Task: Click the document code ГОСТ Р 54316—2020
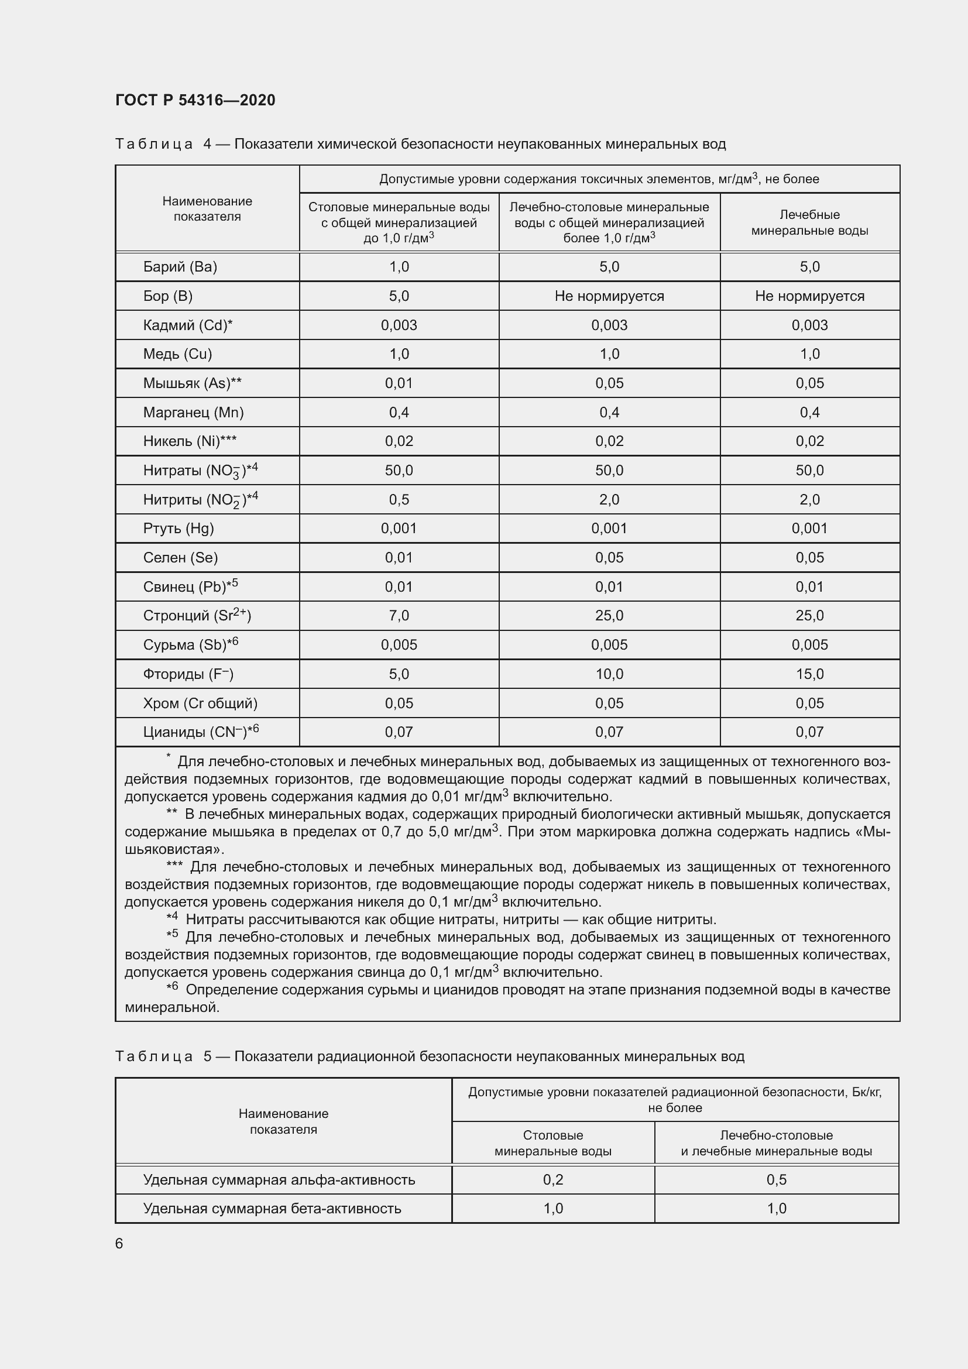(195, 100)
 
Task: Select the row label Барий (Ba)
(180, 266)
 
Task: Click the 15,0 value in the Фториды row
(809, 674)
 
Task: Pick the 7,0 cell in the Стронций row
(399, 615)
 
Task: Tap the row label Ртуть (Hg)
(179, 529)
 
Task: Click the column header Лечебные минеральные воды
(809, 222)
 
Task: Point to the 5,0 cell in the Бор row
(399, 296)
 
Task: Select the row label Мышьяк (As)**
(192, 383)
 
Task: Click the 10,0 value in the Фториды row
(609, 674)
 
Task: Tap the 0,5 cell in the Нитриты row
(399, 499)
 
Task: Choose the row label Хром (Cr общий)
(200, 703)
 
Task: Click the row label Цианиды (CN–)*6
(201, 732)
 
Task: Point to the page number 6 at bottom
(119, 1243)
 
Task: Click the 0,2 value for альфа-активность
(552, 1179)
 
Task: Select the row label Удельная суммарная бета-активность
(272, 1209)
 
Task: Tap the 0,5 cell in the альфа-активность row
(776, 1179)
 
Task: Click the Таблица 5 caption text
(429, 1056)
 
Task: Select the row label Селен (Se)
(180, 558)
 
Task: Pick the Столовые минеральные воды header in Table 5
(552, 1143)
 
